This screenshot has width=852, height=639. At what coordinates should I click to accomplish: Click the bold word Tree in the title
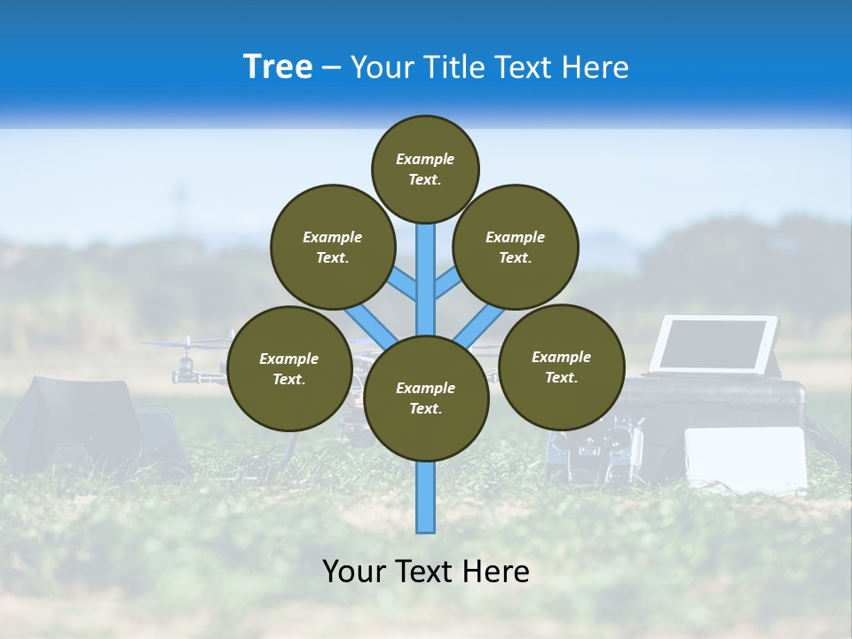(x=278, y=67)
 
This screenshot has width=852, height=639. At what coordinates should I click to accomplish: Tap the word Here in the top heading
(x=595, y=67)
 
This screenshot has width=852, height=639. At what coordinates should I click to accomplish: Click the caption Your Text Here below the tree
(x=426, y=572)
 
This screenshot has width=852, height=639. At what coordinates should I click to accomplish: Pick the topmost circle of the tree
(x=425, y=169)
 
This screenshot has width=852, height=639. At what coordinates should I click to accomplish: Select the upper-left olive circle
(x=332, y=247)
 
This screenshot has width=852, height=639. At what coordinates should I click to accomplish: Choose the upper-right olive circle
(x=515, y=247)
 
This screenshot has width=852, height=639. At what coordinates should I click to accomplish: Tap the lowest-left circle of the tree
(x=289, y=368)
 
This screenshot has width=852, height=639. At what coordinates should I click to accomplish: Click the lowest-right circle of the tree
(x=561, y=367)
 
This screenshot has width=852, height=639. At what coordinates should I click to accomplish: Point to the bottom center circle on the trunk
(x=426, y=398)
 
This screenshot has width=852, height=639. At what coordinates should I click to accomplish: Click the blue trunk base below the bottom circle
(x=426, y=497)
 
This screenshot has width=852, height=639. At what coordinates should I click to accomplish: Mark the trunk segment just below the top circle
(x=426, y=257)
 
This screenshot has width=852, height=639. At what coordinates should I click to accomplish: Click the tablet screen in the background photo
(x=713, y=344)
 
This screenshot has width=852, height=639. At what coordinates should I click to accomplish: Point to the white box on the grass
(x=746, y=457)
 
